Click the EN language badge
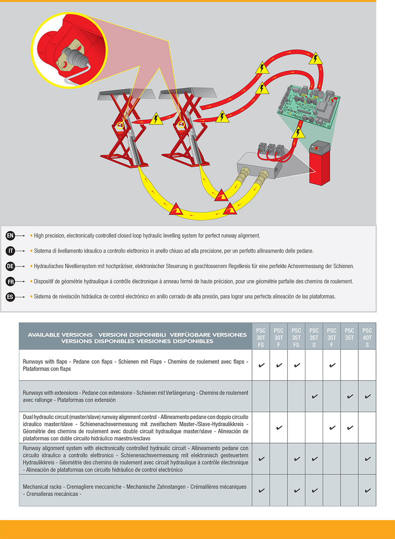[10, 236]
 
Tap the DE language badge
[10, 266]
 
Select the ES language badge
[10, 297]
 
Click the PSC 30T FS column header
[261, 338]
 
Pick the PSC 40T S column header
[367, 338]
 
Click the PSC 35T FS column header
[296, 338]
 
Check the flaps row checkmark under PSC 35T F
[332, 365]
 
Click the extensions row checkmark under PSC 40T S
[367, 396]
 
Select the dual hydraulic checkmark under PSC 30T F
[279, 427]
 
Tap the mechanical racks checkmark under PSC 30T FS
[261, 491]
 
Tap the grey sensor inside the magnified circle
[75, 57]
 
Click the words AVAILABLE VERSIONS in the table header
[60, 335]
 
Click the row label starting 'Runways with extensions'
[50, 393]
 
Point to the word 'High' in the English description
[39, 236]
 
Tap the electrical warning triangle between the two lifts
[156, 119]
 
